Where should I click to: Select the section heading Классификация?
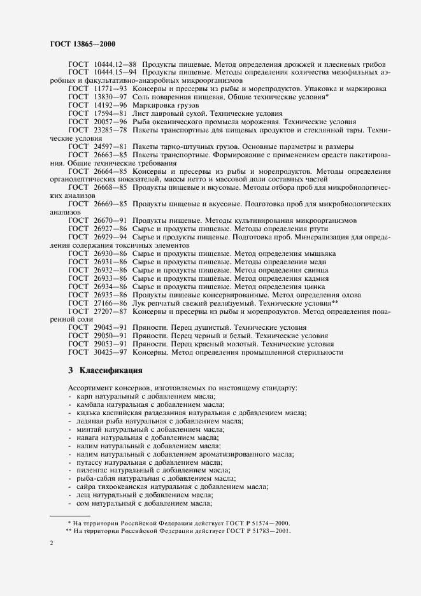(115, 370)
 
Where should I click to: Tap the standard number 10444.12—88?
(115, 65)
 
